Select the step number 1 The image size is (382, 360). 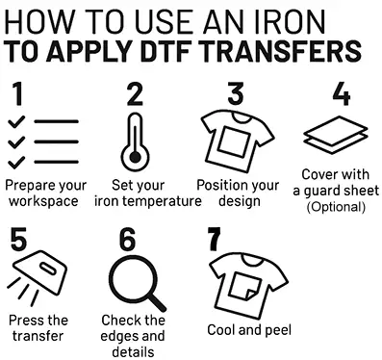click(17, 93)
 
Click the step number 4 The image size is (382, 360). click(342, 93)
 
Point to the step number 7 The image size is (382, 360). click(215, 239)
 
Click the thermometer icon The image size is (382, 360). click(135, 142)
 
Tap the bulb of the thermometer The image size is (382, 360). click(135, 157)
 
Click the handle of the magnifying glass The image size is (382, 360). click(157, 301)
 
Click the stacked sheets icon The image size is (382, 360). click(336, 135)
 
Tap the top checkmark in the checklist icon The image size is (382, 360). click(16, 121)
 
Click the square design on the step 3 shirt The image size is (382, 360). click(234, 141)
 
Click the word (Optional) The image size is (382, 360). click(336, 207)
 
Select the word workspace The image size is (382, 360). click(43, 201)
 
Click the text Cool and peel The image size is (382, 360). click(249, 330)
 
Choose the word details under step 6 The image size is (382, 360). click(133, 352)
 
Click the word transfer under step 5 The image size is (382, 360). click(38, 336)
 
